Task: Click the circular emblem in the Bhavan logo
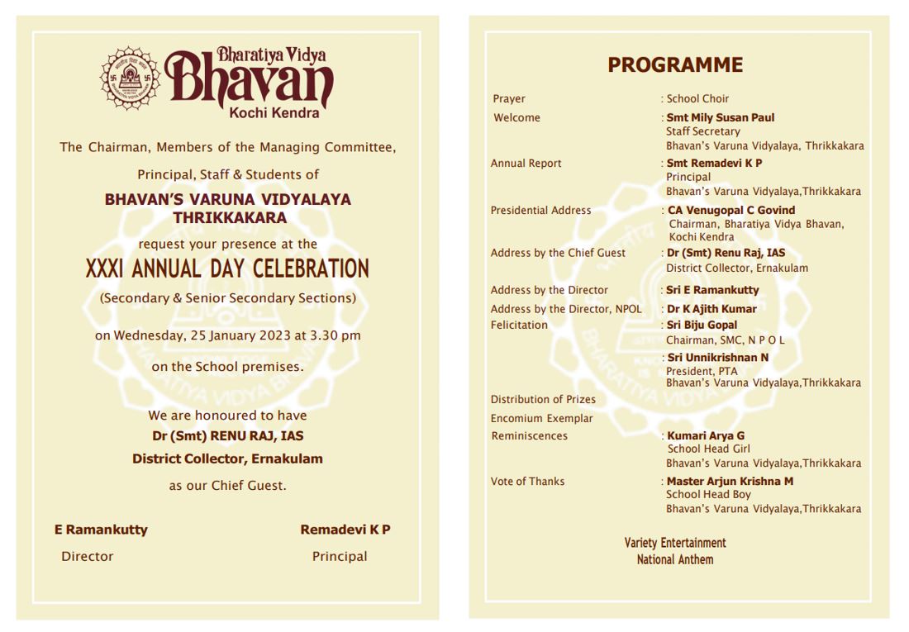(x=129, y=78)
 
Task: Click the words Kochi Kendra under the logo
(x=274, y=113)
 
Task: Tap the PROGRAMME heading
(x=674, y=65)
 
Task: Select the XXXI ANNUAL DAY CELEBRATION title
(x=227, y=269)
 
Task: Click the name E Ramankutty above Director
(x=101, y=530)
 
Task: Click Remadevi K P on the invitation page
(x=345, y=530)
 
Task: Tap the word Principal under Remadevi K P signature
(x=339, y=557)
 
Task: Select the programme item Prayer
(x=509, y=99)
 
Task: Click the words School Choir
(x=697, y=99)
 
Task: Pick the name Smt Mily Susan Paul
(x=720, y=118)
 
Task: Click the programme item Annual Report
(x=526, y=164)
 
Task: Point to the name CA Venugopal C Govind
(x=731, y=211)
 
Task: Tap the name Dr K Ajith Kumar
(x=711, y=309)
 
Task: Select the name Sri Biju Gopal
(x=702, y=326)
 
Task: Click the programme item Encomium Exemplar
(x=541, y=419)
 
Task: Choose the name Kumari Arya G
(x=706, y=436)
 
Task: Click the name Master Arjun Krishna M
(x=730, y=482)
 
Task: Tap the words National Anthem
(x=674, y=560)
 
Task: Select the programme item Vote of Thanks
(x=527, y=482)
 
